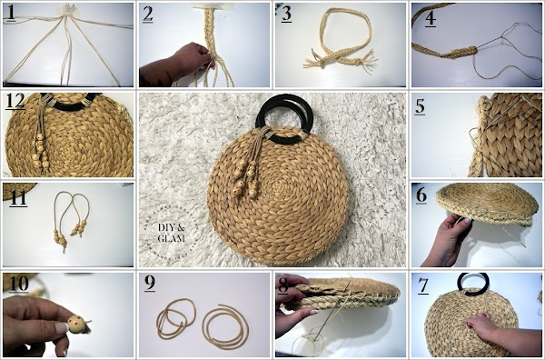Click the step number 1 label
tap(11, 14)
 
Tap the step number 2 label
tap(148, 15)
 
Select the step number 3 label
tap(286, 15)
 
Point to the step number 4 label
tap(431, 19)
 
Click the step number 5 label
tap(420, 106)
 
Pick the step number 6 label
tap(421, 195)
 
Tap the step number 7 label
tap(423, 286)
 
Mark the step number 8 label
tap(283, 285)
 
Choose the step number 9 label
tap(150, 283)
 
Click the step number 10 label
tap(19, 284)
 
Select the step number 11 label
tap(18, 198)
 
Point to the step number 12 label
tap(15, 101)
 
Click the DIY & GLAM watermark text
tap(172, 233)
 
